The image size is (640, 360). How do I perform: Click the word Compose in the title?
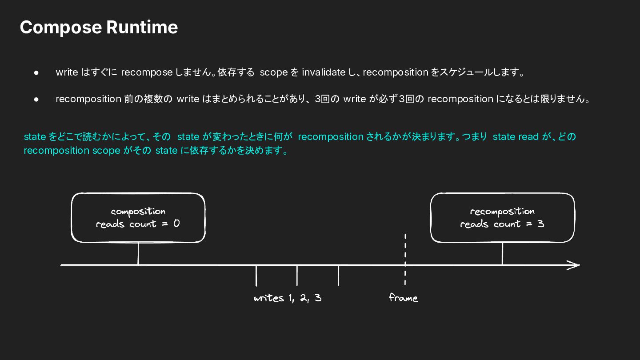(61, 28)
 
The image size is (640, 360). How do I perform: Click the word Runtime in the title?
(142, 27)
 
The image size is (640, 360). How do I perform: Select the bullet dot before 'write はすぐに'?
(36, 73)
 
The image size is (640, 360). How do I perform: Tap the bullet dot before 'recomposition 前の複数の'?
(36, 100)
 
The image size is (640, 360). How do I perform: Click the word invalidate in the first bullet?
(324, 72)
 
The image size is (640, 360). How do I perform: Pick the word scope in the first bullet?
(273, 72)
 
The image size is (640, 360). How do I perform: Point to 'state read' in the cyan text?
(516, 136)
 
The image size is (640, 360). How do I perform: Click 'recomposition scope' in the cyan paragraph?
(72, 151)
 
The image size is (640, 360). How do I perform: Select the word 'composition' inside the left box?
(138, 212)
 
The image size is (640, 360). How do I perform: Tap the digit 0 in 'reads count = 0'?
(176, 224)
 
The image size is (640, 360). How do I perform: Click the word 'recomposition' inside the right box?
(502, 212)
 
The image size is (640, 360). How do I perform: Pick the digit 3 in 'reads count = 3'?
(540, 224)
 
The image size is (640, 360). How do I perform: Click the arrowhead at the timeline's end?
(573, 265)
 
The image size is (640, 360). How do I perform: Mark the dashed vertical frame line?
(405, 260)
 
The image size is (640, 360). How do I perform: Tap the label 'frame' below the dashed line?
(404, 298)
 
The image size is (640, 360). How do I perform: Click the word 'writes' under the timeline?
(269, 298)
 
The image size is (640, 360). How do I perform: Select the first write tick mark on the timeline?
(256, 276)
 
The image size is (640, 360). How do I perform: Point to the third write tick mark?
(338, 276)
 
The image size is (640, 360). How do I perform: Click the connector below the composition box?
(138, 254)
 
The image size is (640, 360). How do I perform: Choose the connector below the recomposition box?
(502, 254)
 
